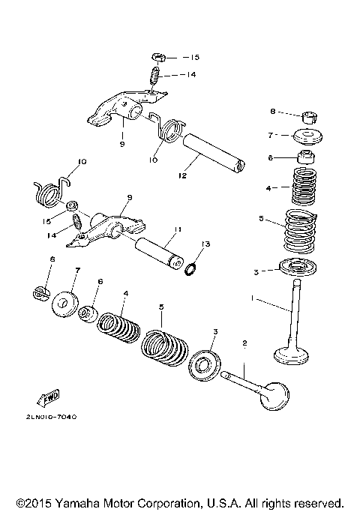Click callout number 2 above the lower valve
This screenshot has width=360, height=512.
tap(244, 343)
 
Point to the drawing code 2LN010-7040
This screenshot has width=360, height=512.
tap(50, 417)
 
